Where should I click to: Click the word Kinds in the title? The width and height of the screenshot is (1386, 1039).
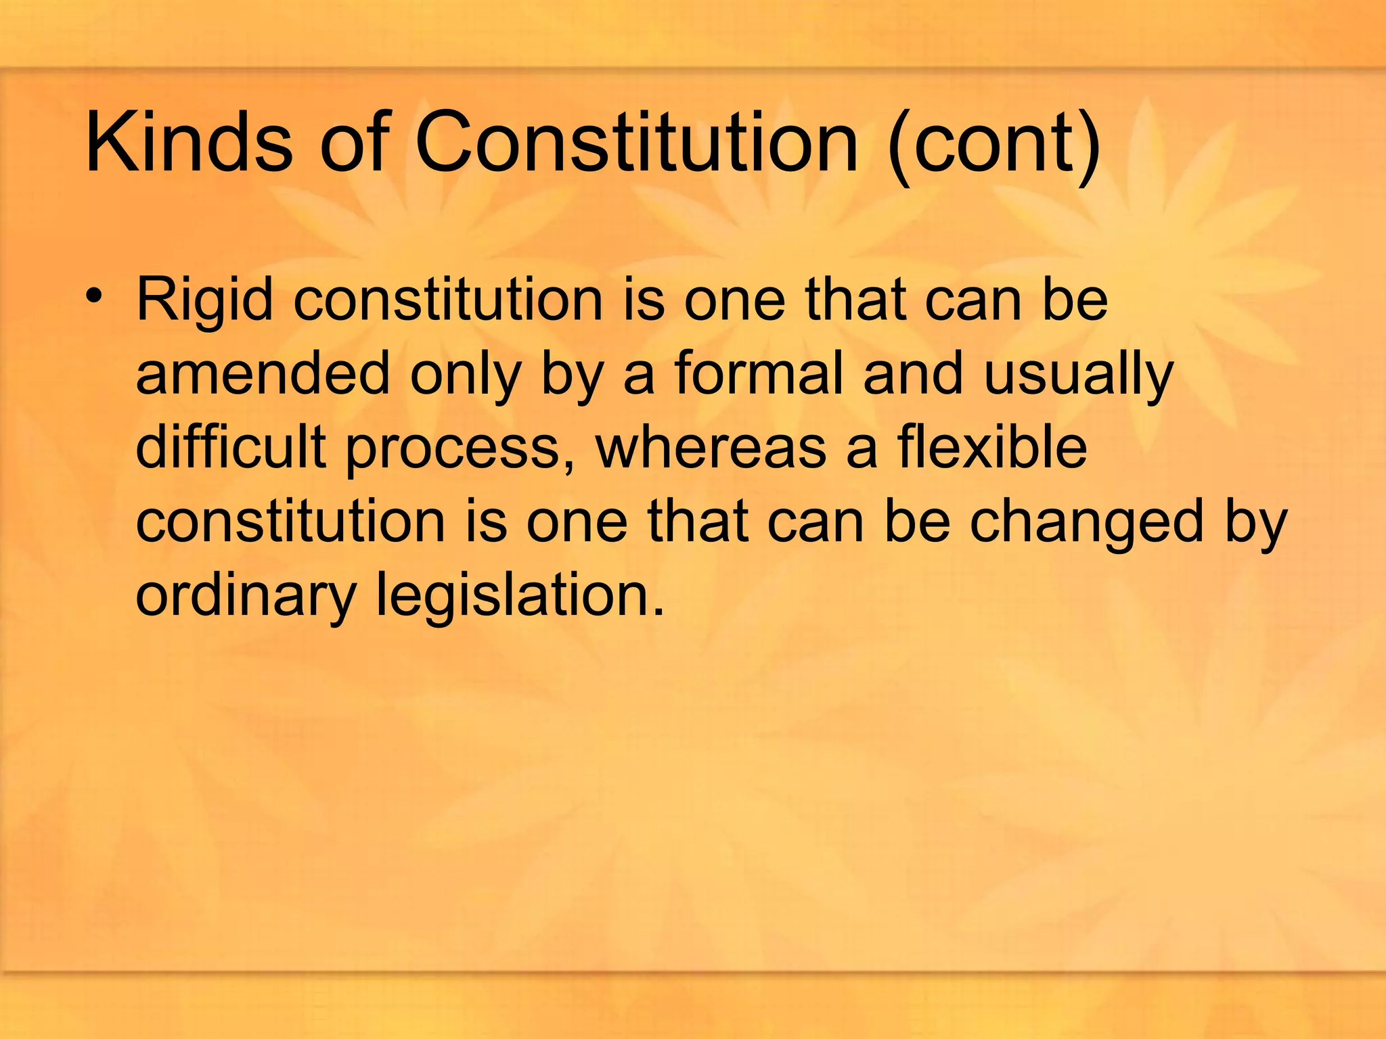click(x=189, y=143)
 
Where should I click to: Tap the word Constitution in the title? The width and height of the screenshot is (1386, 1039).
click(x=636, y=143)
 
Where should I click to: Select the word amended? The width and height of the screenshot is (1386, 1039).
click(x=263, y=374)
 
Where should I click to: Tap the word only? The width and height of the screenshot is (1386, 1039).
click(x=466, y=376)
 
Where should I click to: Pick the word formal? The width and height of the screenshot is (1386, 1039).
click(x=759, y=374)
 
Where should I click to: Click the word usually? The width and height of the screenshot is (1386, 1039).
click(x=1079, y=376)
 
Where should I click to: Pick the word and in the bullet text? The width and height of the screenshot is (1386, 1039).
click(x=912, y=374)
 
